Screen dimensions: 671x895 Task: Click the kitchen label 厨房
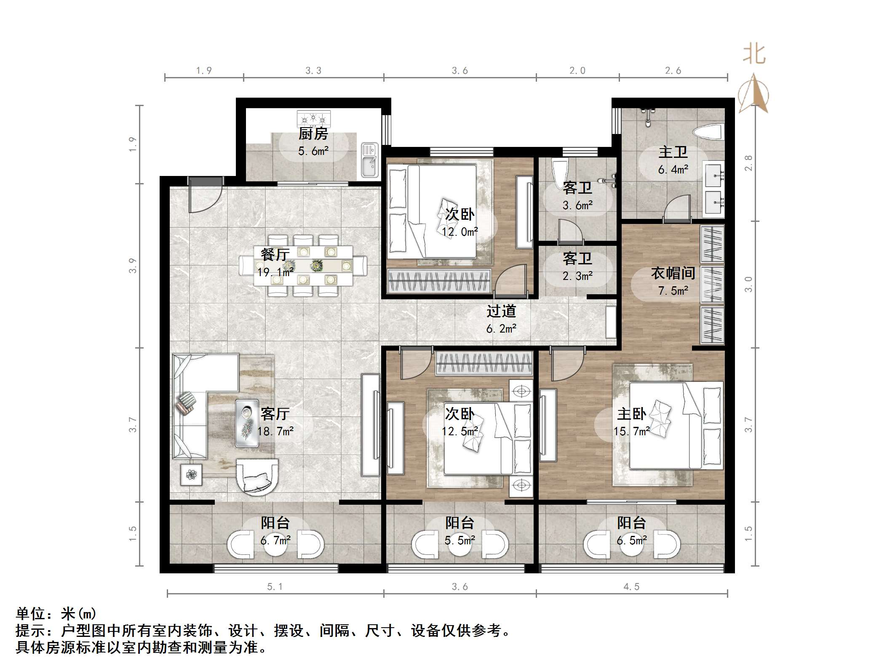tap(313, 134)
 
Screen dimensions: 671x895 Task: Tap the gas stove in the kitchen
tap(313, 118)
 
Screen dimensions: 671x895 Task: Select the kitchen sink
tap(370, 160)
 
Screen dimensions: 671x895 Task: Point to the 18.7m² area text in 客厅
tap(275, 431)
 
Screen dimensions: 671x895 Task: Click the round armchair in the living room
tap(257, 476)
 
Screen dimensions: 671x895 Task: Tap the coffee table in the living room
tap(247, 422)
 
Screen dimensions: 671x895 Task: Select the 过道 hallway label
tap(501, 311)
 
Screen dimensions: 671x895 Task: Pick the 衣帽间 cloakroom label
tap(673, 273)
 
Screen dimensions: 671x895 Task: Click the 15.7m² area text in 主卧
tap(631, 431)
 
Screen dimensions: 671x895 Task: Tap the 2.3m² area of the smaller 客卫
tap(577, 276)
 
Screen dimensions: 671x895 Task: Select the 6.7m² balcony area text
tap(275, 541)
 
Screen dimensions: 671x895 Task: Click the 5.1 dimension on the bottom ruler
tap(275, 587)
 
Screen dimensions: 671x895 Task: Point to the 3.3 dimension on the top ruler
tap(313, 71)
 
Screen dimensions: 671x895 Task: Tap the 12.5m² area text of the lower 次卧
tap(460, 431)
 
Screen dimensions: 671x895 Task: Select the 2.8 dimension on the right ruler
tap(748, 163)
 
